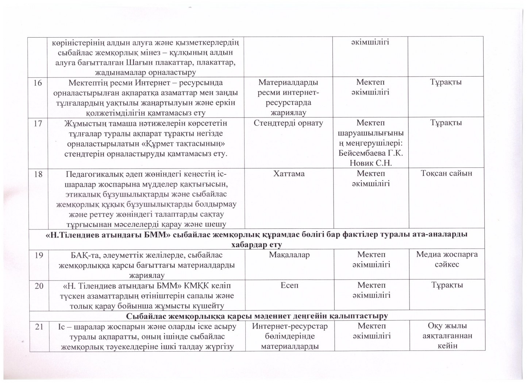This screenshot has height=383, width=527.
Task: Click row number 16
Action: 38,82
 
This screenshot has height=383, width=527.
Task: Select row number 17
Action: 38,123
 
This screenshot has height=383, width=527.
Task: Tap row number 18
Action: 38,174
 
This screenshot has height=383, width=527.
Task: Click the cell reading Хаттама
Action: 289,174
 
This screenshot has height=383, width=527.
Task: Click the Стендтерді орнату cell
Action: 289,123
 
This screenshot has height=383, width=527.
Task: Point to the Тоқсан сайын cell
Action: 446,173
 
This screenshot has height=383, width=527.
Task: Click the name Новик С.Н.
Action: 370,163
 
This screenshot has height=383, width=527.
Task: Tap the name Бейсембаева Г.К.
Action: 370,153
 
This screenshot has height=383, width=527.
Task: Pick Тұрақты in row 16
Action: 446,82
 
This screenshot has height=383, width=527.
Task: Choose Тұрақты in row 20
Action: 446,285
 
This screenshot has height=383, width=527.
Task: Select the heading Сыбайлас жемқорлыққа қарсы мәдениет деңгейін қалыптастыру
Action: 257,315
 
